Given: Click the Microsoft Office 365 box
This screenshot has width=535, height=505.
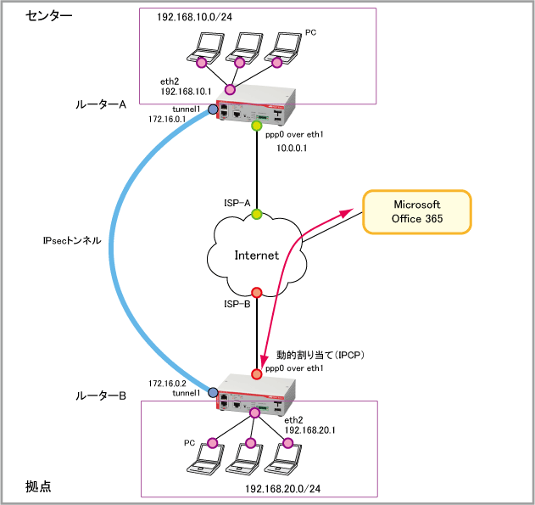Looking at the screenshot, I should (x=416, y=212).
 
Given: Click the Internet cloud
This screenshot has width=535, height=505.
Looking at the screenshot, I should (x=255, y=255).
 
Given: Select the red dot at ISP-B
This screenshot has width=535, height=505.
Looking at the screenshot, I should (x=256, y=293).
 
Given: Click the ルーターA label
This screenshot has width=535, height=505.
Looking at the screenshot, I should (x=101, y=104).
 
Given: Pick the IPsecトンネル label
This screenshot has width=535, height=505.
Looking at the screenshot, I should (x=72, y=240).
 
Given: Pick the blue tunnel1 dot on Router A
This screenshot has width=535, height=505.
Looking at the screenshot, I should (x=212, y=109).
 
